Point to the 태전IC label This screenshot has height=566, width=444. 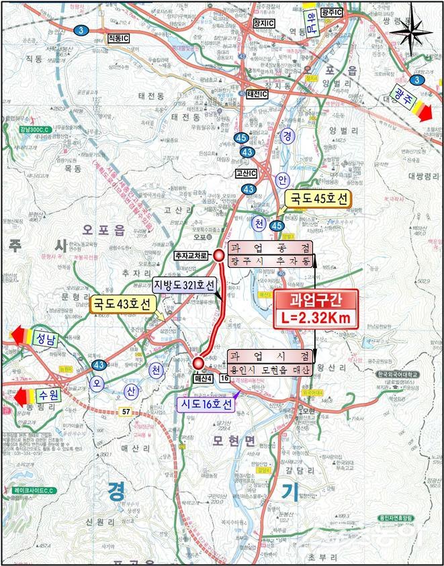pyautogui.click(x=257, y=93)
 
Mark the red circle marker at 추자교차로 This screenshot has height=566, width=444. pyautogui.click(x=219, y=255)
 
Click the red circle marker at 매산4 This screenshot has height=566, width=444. pyautogui.click(x=198, y=363)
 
